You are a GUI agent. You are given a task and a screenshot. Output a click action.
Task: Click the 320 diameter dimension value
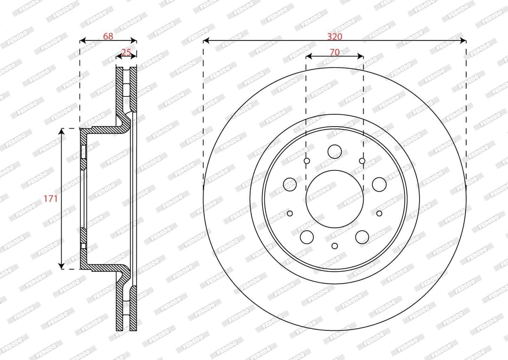coord(334,36)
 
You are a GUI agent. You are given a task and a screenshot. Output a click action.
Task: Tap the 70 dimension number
coord(334,52)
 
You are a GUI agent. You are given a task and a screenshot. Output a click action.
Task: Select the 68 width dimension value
coord(108,36)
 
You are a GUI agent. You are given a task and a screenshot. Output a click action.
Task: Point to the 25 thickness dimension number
coord(126,52)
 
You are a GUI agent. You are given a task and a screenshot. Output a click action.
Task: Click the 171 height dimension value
coord(50,198)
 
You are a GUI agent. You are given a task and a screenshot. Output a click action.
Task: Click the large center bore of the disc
coord(334,199)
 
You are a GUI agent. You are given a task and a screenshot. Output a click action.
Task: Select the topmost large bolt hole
coord(335,152)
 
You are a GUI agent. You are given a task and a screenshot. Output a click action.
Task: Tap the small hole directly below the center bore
coord(335,246)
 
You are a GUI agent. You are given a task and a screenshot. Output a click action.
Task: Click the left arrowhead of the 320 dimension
coord(206,40)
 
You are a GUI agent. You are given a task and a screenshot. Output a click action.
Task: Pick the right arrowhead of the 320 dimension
coord(463,40)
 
